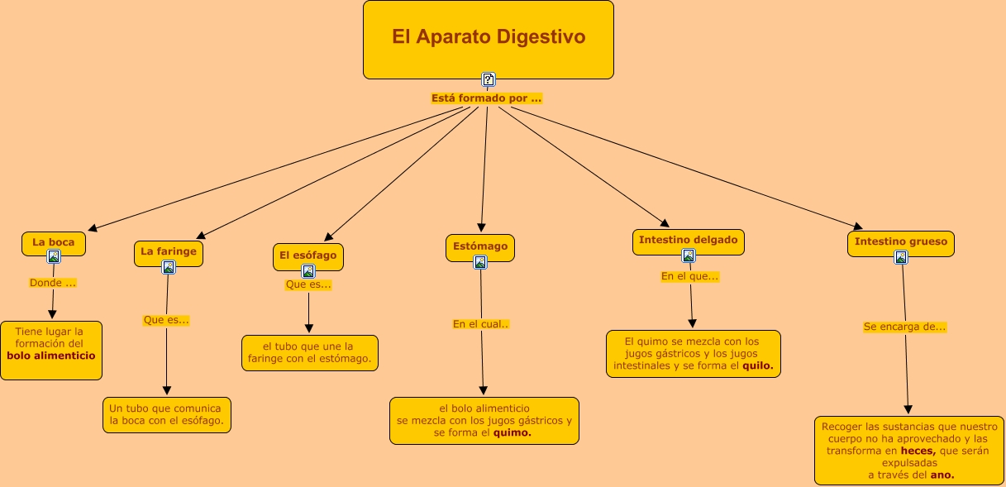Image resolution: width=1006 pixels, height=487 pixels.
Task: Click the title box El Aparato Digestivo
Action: pyautogui.click(x=488, y=38)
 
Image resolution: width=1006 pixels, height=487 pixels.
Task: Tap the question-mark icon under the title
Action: pyautogui.click(x=489, y=79)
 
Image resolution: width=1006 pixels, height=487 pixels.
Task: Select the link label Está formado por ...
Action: pyautogui.click(x=486, y=98)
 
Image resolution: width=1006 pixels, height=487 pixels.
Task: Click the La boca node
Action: pyautogui.click(x=54, y=242)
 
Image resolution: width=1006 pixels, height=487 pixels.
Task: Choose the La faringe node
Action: pyautogui.click(x=169, y=251)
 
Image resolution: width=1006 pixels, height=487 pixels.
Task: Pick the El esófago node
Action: pyautogui.click(x=308, y=255)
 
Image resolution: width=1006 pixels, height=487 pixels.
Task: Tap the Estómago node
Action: pyautogui.click(x=480, y=246)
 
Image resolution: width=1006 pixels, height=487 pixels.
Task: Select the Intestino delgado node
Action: pyautogui.click(x=688, y=240)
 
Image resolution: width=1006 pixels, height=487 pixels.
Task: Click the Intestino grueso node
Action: pyautogui.click(x=901, y=242)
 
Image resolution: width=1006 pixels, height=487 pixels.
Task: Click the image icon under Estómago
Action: pyautogui.click(x=480, y=262)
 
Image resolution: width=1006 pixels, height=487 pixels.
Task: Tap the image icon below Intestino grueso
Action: pyautogui.click(x=901, y=257)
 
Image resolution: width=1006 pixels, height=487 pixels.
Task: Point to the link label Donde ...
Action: pyautogui.click(x=53, y=283)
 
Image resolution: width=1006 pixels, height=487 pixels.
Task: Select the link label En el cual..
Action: pyautogui.click(x=481, y=324)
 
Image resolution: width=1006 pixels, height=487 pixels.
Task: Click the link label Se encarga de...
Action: pyautogui.click(x=905, y=327)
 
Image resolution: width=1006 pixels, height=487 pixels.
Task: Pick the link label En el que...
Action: pyautogui.click(x=689, y=276)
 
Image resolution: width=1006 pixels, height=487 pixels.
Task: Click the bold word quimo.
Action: pyautogui.click(x=512, y=432)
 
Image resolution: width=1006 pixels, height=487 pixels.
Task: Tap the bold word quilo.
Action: pyautogui.click(x=758, y=365)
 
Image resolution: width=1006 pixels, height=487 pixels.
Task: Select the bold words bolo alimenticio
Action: pyautogui.click(x=51, y=356)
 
